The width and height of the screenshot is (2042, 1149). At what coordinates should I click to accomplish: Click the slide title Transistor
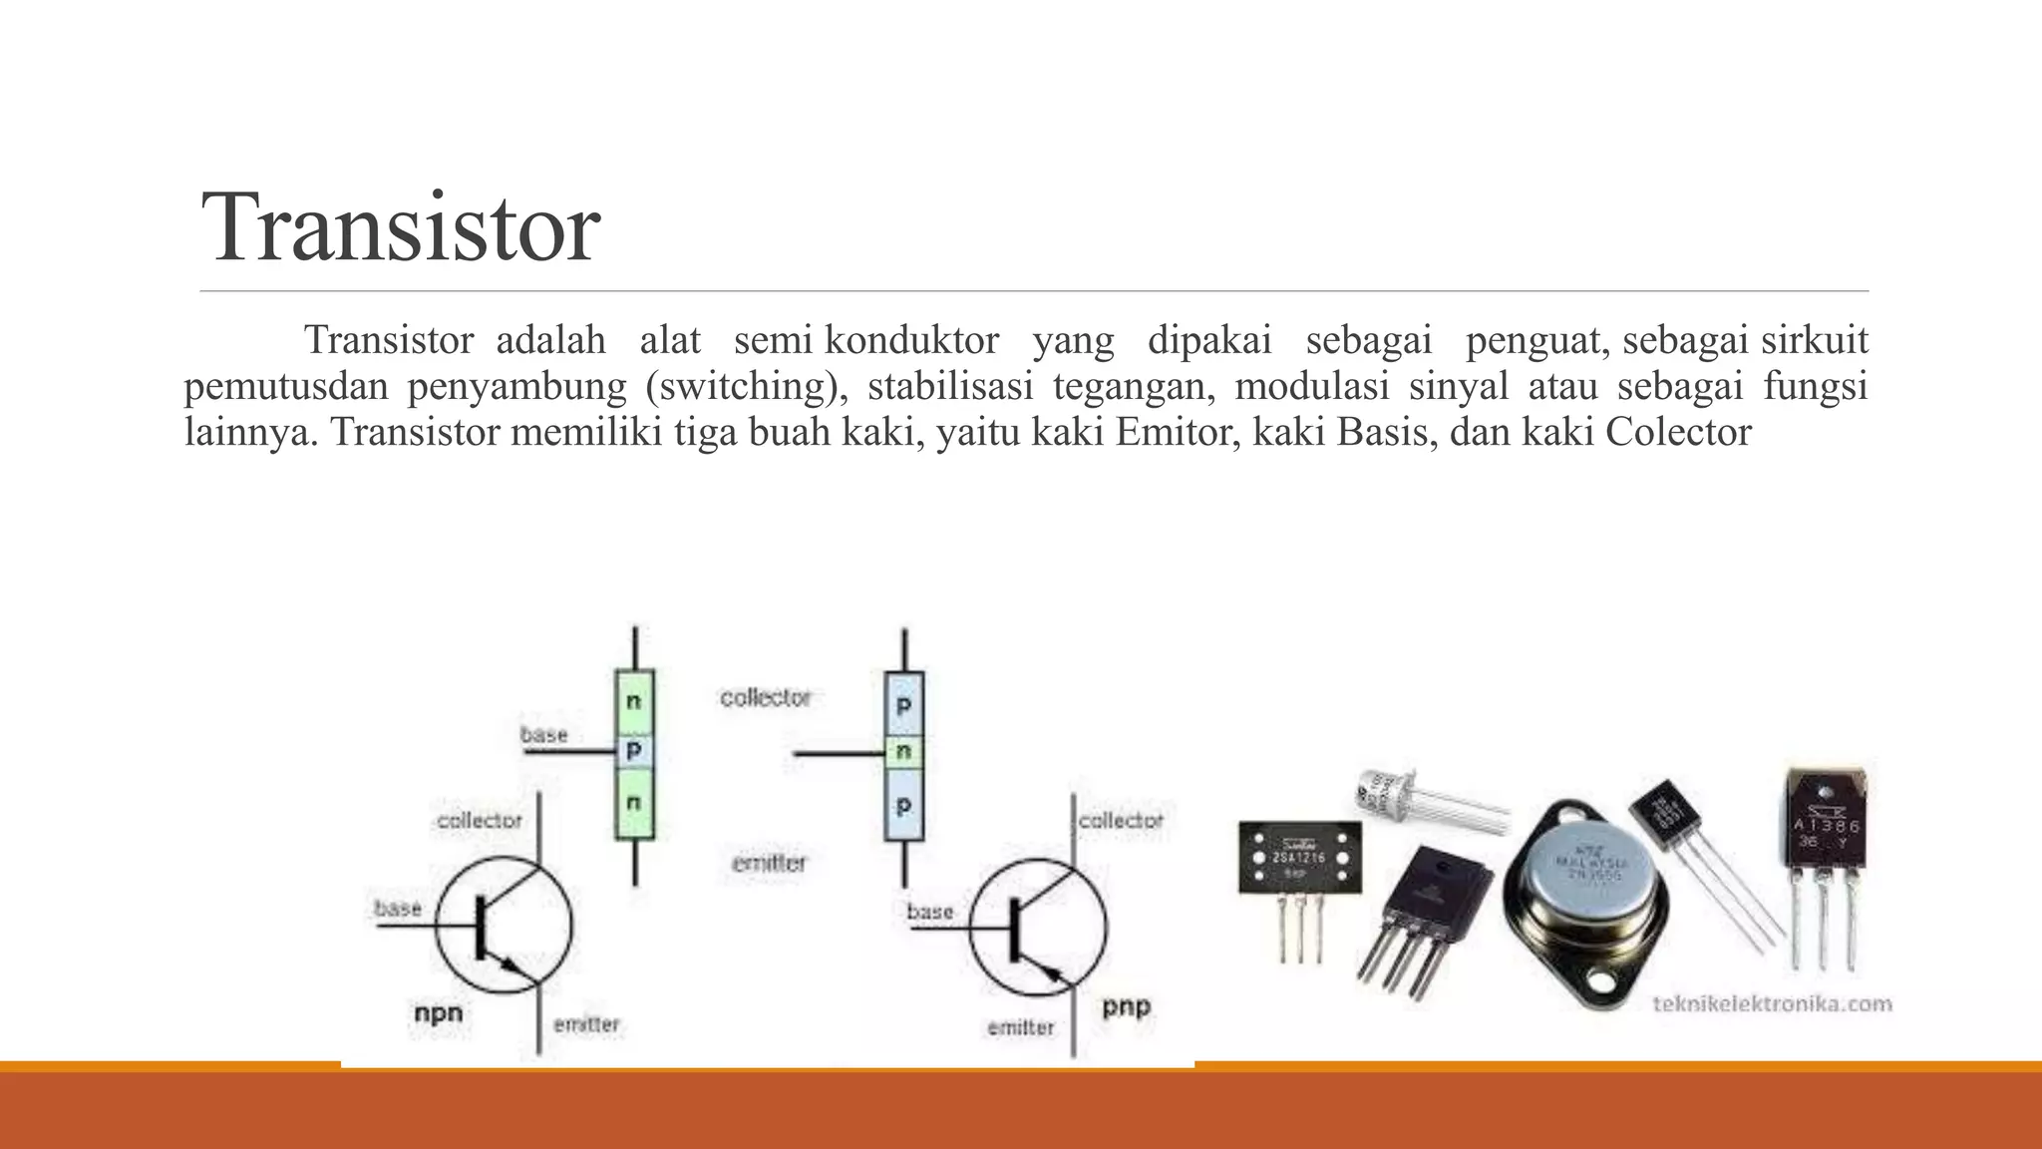(400, 227)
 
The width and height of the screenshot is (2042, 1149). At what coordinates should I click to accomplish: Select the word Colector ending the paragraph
(1678, 432)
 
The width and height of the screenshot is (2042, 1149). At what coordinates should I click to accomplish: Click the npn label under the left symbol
(439, 1012)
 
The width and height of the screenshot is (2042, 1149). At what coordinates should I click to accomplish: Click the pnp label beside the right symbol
(1127, 1006)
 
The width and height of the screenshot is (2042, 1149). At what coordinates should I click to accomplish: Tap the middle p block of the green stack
(634, 750)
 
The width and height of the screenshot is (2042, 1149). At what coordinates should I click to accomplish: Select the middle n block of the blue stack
(904, 751)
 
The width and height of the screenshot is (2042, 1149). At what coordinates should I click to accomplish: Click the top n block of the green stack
(634, 700)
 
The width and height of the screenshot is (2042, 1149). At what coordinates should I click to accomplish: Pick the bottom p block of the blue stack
(904, 804)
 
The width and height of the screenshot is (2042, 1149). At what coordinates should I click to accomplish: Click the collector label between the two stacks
(766, 697)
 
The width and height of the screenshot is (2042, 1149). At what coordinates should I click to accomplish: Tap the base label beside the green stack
(544, 735)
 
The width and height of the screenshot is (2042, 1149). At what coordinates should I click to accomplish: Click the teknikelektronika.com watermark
(1772, 1003)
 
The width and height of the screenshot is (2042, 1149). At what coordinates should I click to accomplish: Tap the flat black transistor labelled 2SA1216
(1299, 857)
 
